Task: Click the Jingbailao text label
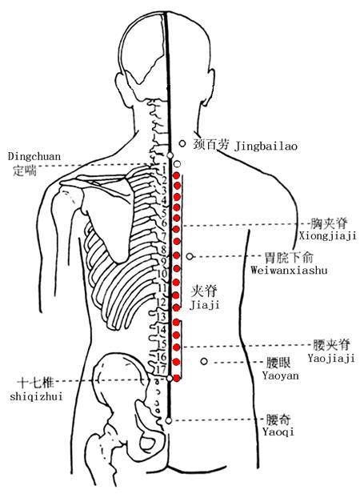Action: click(x=266, y=147)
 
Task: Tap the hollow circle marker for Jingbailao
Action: click(x=182, y=143)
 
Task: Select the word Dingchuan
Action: click(x=34, y=157)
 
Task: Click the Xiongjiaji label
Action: click(x=327, y=235)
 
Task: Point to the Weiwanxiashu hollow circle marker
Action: click(x=190, y=256)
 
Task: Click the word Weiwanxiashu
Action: click(x=289, y=270)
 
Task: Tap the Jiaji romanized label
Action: click(x=204, y=305)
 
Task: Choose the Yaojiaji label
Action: click(x=331, y=358)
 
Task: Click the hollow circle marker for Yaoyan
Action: click(x=204, y=361)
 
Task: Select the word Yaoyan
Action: click(x=281, y=376)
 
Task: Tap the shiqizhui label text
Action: click(x=36, y=396)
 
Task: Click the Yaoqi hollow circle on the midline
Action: click(x=169, y=420)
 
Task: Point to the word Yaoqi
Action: click(x=278, y=432)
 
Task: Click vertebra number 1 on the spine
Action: click(x=164, y=171)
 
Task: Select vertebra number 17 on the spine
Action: click(x=161, y=368)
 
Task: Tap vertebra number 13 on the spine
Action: click(x=162, y=316)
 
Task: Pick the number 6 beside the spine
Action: click(x=164, y=223)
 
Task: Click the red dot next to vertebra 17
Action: click(x=177, y=377)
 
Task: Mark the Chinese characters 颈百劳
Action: click(x=210, y=144)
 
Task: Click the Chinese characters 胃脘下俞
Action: click(x=289, y=257)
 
